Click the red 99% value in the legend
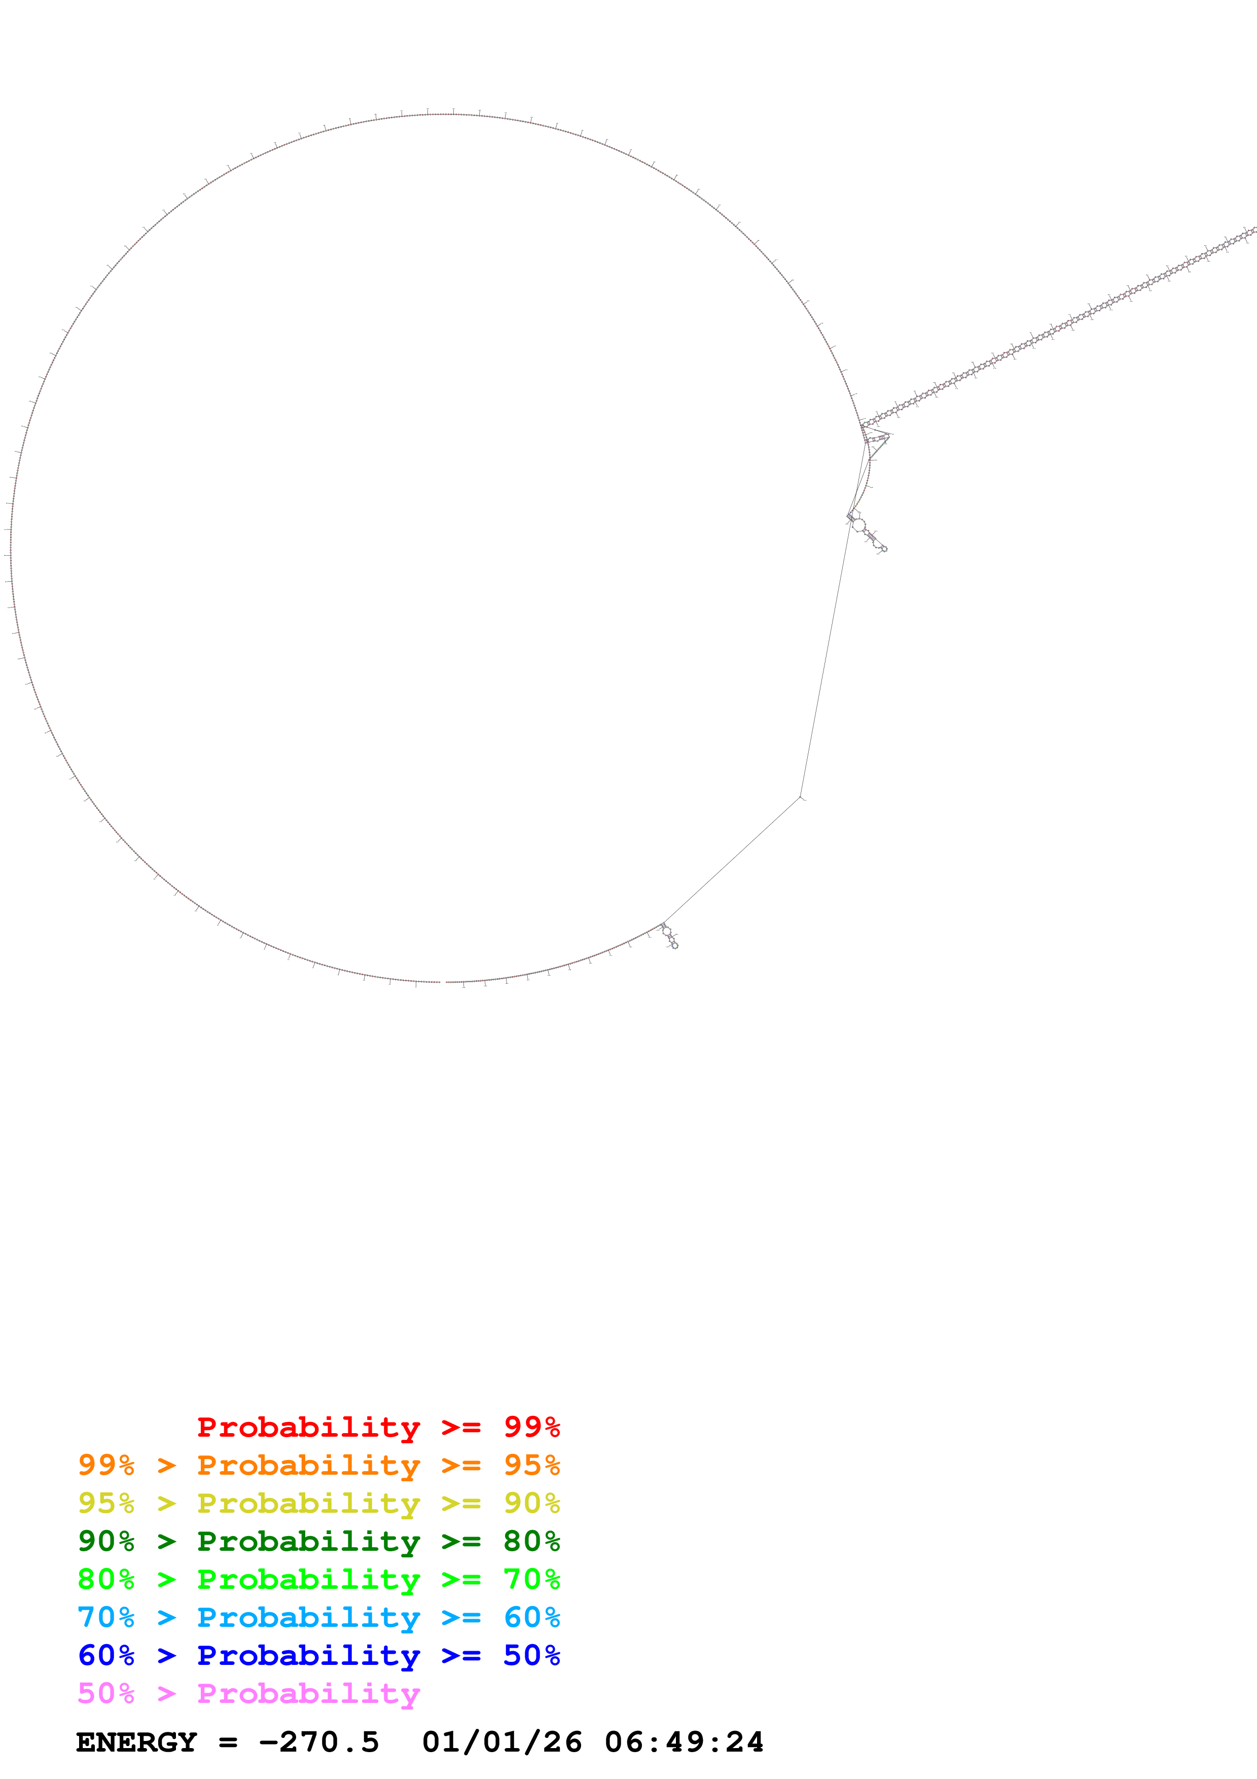tap(531, 1427)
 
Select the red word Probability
tap(308, 1427)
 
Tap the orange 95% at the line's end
tap(531, 1465)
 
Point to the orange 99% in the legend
tap(106, 1465)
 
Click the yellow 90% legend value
tap(531, 1503)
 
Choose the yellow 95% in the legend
tap(106, 1503)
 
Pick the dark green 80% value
tap(531, 1541)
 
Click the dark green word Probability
tap(308, 1541)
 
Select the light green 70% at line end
tap(531, 1579)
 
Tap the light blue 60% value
tap(531, 1617)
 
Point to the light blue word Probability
tap(308, 1617)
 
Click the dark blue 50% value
tap(531, 1655)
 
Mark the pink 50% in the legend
tap(106, 1693)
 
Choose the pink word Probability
tap(308, 1693)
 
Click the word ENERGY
tap(136, 1742)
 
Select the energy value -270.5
tap(319, 1742)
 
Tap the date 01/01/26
tap(502, 1742)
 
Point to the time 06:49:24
tap(684, 1742)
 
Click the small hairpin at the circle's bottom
tap(670, 936)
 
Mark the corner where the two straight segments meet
tap(800, 797)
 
